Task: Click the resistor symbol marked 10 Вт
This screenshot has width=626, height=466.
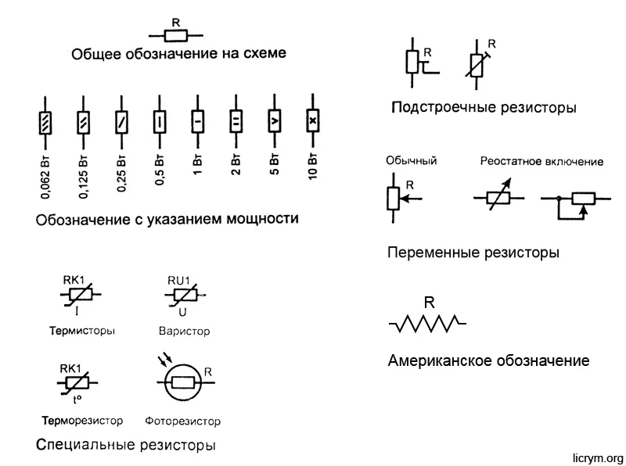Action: [x=312, y=120]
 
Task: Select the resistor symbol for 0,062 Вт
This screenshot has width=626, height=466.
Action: [x=45, y=123]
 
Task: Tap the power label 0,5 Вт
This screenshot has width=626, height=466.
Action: [x=160, y=169]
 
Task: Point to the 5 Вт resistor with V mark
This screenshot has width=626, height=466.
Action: [x=275, y=120]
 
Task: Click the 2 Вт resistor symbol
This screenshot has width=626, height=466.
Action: [x=236, y=121]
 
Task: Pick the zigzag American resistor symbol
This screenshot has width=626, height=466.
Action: [x=427, y=323]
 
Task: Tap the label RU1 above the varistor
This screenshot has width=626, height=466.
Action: [x=178, y=281]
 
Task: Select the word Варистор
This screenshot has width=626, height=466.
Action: [x=184, y=332]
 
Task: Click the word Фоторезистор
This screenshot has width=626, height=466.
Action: [x=182, y=421]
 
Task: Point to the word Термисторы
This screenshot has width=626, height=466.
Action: [x=82, y=331]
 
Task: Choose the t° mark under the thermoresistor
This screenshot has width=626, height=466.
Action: [x=77, y=399]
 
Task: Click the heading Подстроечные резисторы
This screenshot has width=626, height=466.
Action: [x=484, y=108]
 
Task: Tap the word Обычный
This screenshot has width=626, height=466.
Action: [x=412, y=161]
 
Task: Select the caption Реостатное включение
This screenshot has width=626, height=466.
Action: [x=541, y=162]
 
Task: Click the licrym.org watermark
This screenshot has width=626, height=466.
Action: [x=598, y=457]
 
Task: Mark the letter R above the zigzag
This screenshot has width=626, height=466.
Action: [x=429, y=303]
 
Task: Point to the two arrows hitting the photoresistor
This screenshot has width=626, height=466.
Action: [x=165, y=359]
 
